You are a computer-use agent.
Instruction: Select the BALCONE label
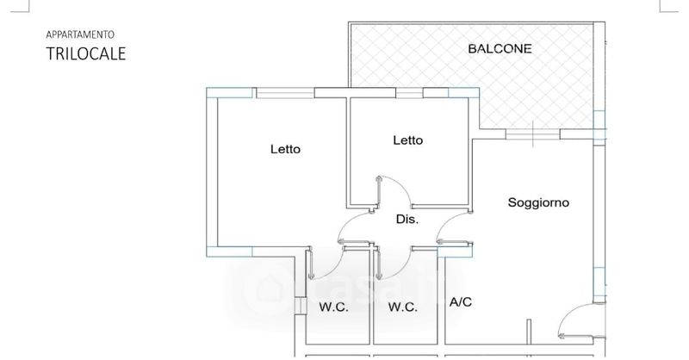coord(500,48)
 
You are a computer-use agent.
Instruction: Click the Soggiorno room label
coord(538,203)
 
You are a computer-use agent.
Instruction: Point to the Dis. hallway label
coord(407,220)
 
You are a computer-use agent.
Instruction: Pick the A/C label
coord(461,302)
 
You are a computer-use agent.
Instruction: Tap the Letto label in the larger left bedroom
coord(285,149)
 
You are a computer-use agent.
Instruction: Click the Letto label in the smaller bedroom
coord(407,140)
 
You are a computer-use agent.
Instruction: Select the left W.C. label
coord(333,307)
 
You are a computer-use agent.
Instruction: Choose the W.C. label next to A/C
coord(402,307)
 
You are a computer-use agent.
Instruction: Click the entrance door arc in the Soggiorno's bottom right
coord(574,323)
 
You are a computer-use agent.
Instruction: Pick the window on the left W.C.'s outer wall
coord(300,307)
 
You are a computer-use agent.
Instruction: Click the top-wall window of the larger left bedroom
coord(285,93)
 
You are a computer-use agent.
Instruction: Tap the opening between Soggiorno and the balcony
coord(533,133)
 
